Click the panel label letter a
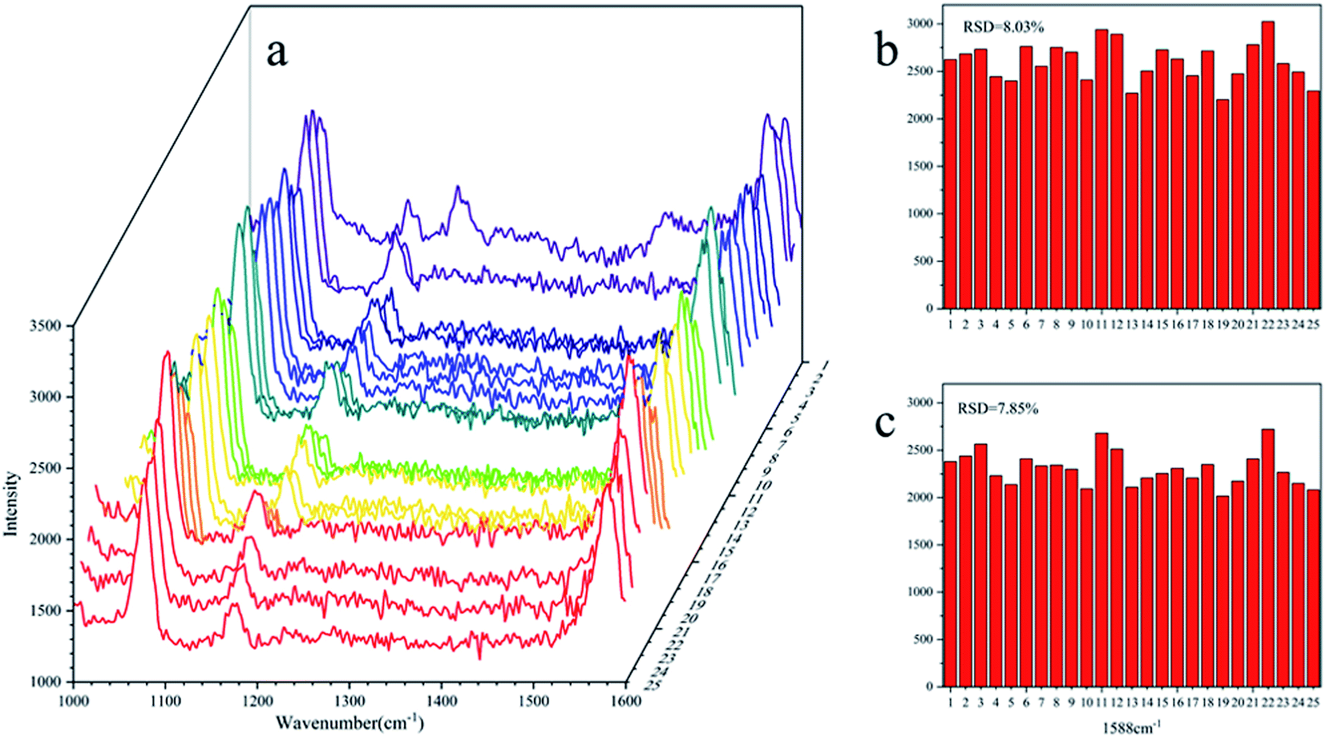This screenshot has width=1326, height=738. [277, 53]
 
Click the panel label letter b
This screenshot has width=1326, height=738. [886, 50]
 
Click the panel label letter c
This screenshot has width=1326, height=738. [884, 423]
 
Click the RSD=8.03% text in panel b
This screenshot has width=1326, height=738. [1003, 27]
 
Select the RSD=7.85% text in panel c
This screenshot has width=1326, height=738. [997, 409]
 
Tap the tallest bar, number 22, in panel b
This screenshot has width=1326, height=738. [1267, 164]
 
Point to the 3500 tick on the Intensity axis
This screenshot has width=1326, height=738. [45, 326]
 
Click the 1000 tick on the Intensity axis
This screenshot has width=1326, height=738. [45, 682]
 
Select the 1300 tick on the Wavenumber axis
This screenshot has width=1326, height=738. [349, 701]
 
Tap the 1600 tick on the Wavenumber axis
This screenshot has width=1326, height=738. [625, 701]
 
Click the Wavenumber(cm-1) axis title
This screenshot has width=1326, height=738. [350, 722]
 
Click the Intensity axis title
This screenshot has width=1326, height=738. [11, 503]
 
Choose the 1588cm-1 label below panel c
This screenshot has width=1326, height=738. [1130, 728]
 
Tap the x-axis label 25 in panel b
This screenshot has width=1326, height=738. [1312, 325]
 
